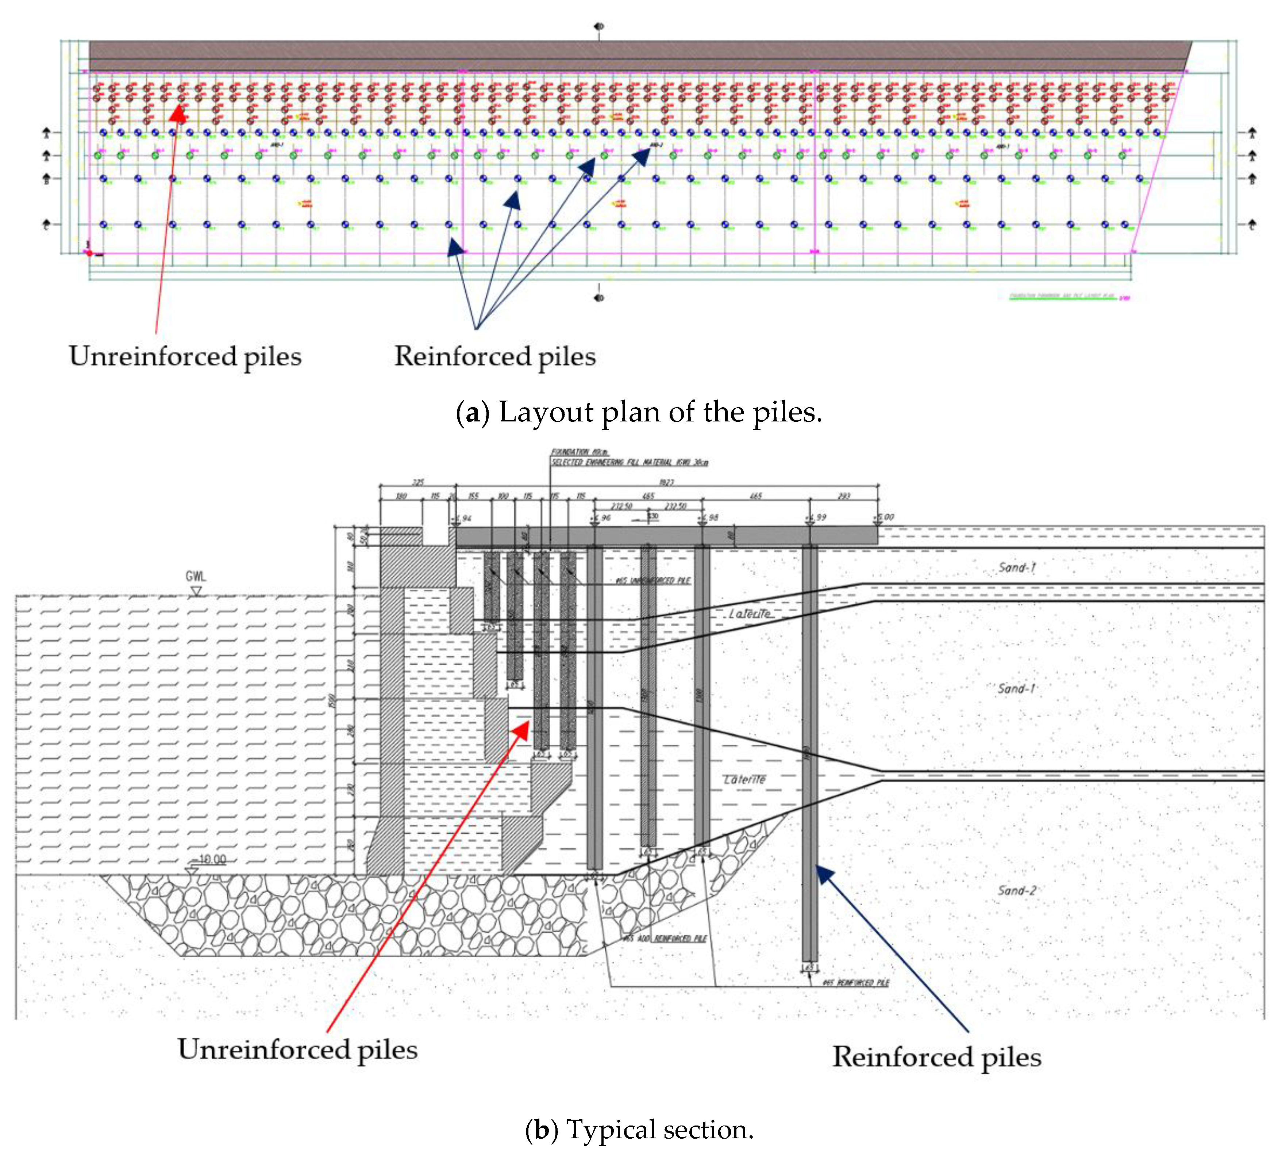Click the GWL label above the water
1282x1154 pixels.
point(196,576)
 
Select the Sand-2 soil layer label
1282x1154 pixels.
point(1016,890)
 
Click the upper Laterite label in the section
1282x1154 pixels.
point(749,614)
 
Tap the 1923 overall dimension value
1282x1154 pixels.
point(666,482)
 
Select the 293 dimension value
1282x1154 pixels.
point(843,496)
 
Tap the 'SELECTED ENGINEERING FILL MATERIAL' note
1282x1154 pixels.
point(629,462)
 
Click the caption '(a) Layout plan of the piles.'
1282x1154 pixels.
point(639,412)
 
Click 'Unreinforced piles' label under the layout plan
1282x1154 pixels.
point(185,356)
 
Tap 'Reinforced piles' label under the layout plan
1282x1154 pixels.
point(495,356)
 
